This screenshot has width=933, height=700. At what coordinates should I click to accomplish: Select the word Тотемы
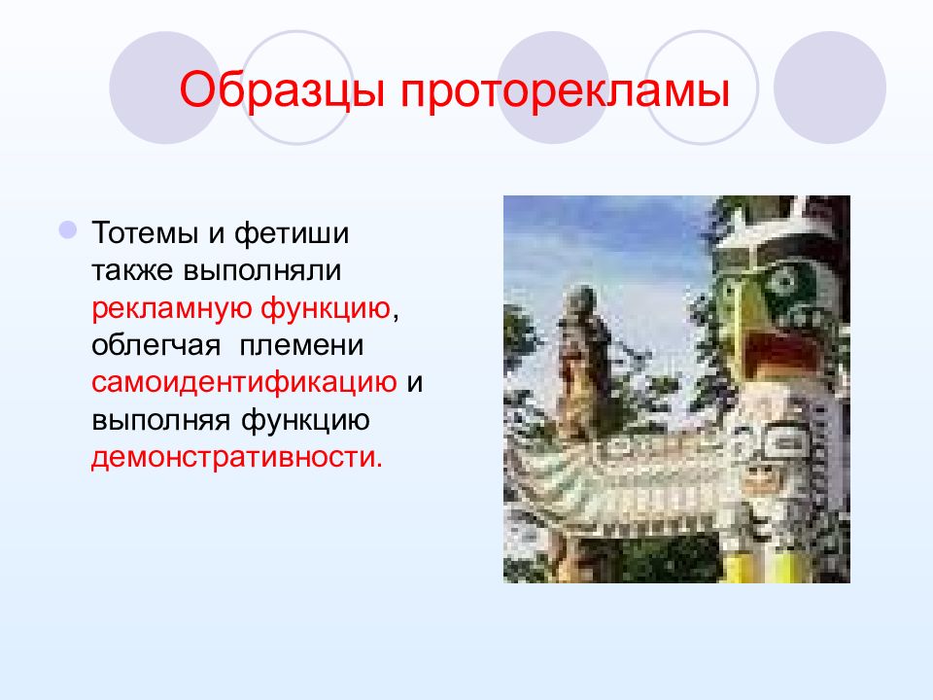(144, 232)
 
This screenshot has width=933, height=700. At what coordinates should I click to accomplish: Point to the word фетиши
(291, 234)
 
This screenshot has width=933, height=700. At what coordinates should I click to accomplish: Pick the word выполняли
(261, 271)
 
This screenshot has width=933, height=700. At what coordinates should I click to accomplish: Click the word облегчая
(155, 346)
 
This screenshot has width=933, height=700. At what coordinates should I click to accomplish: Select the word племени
(301, 346)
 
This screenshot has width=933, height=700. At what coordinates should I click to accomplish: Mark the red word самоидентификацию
(244, 383)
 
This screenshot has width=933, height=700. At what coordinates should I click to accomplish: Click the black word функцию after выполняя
(305, 420)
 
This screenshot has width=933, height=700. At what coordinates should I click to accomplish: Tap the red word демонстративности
(237, 458)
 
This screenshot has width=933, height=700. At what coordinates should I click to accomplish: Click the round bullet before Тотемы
(68, 229)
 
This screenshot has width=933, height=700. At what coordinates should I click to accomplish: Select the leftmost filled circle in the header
(165, 87)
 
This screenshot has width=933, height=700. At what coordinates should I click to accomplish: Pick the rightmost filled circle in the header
(829, 87)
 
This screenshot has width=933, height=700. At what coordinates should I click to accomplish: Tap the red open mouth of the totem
(778, 355)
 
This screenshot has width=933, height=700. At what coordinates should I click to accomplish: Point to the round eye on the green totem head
(780, 280)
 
